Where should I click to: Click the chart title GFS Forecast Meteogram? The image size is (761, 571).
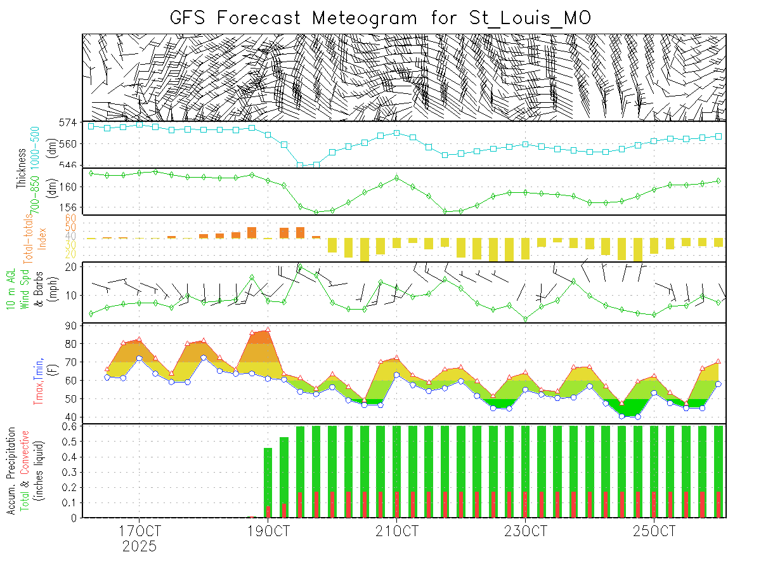[380, 17]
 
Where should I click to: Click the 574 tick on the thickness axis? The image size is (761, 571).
[69, 122]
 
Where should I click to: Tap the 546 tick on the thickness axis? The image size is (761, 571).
[69, 165]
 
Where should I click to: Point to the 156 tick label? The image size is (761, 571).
[69, 207]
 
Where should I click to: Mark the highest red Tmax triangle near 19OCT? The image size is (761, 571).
[268, 330]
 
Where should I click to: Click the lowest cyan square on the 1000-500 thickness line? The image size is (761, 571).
[301, 166]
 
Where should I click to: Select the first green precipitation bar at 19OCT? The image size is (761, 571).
[268, 482]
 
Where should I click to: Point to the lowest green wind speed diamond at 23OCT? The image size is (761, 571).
[526, 318]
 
